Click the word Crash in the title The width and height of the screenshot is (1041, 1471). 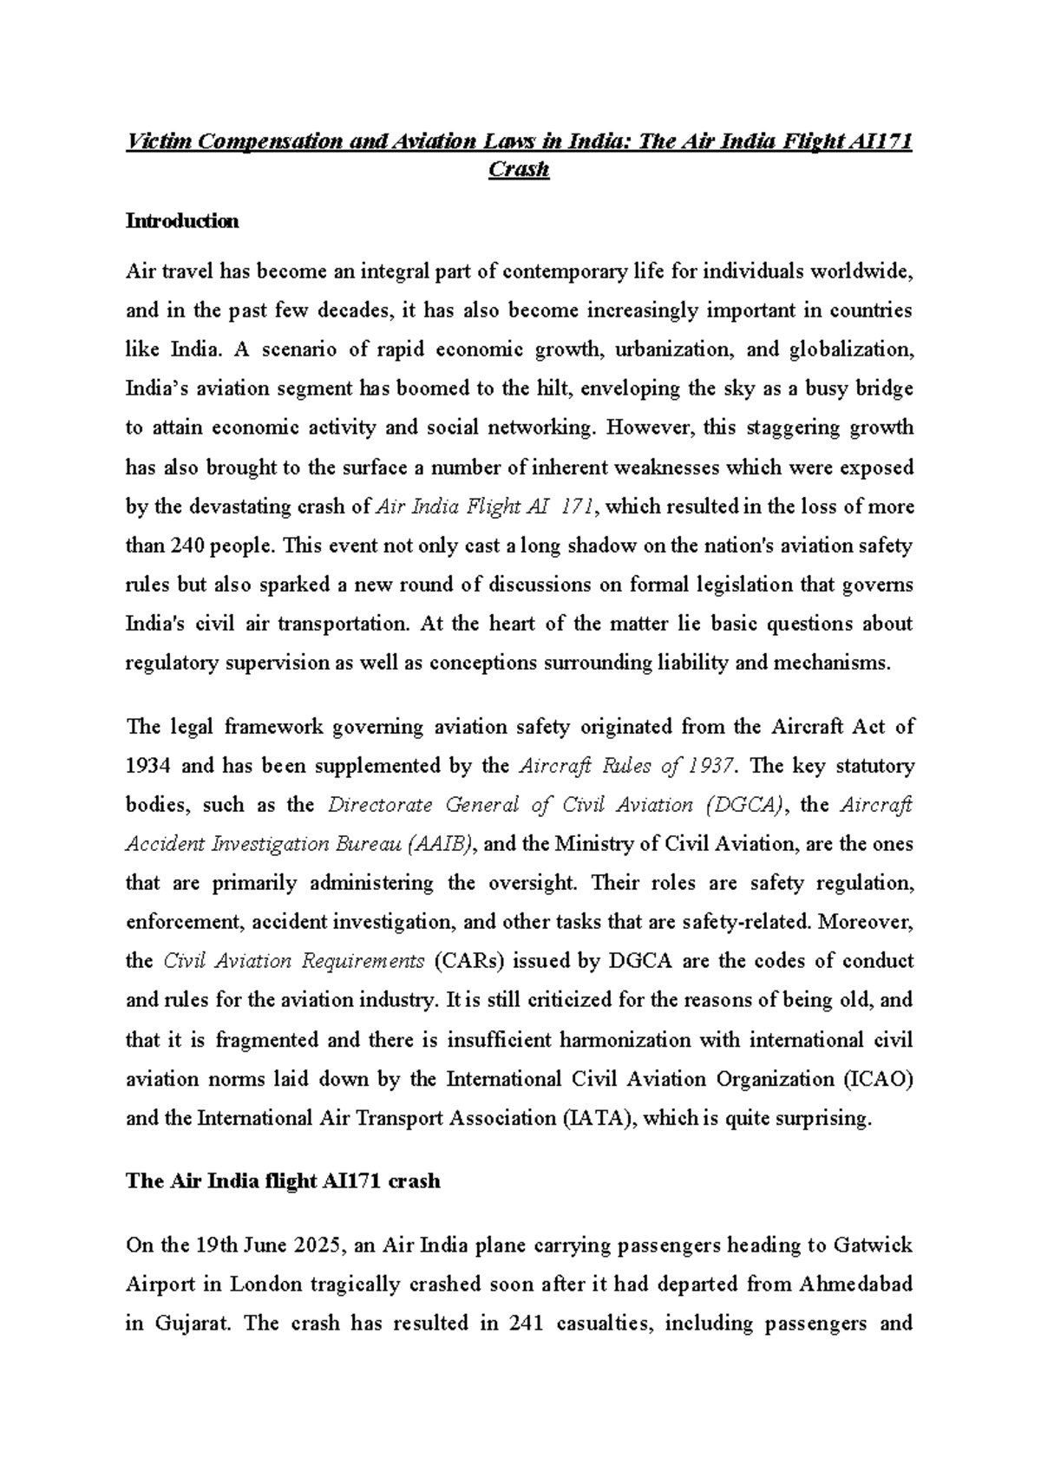(519, 169)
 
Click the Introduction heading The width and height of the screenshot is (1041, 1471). (182, 221)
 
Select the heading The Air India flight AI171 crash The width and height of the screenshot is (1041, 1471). (284, 1180)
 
